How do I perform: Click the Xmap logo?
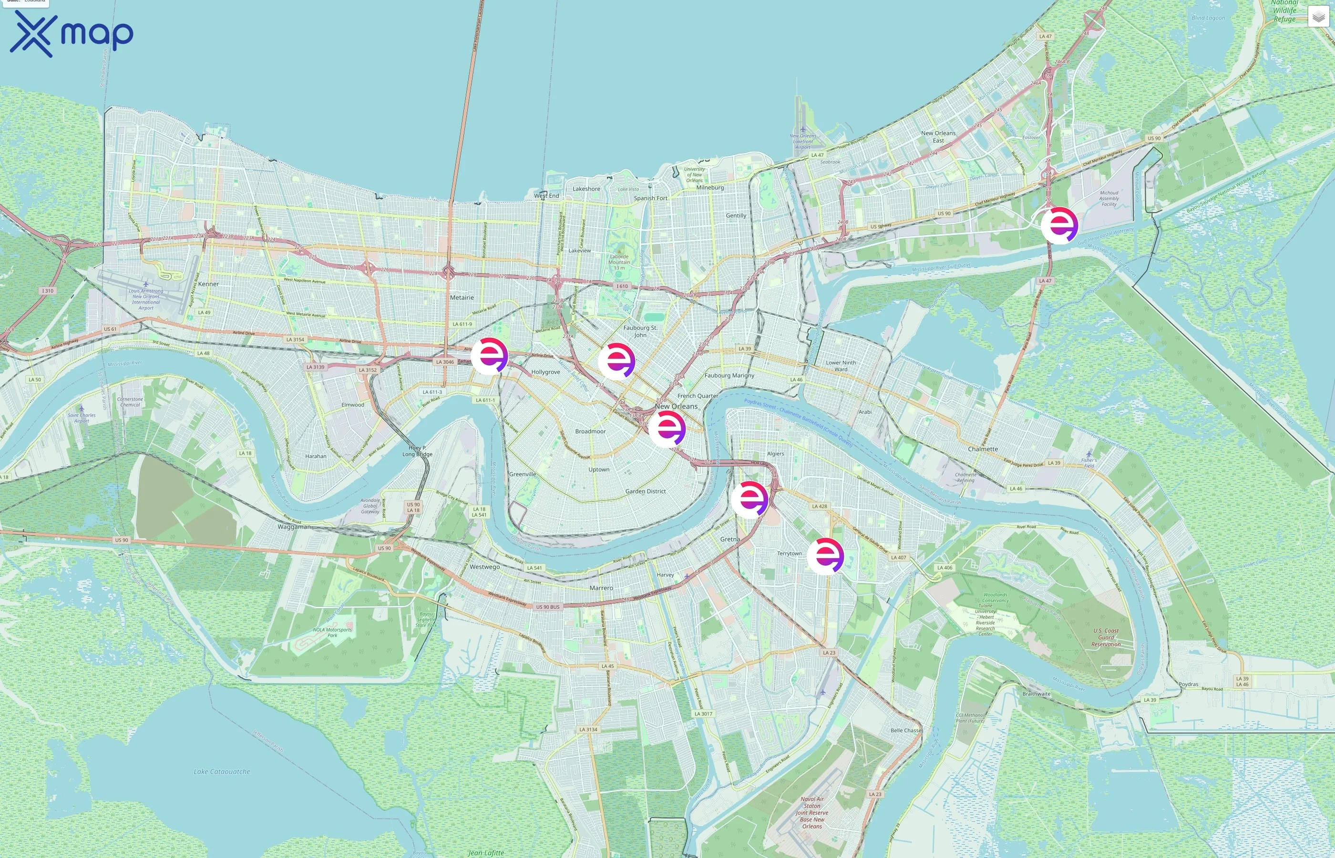click(72, 33)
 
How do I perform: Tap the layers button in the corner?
click(1318, 17)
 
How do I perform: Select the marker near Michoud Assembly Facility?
click(1059, 225)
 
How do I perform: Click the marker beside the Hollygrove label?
click(489, 356)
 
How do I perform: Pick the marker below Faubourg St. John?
click(616, 361)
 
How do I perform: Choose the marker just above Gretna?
click(750, 499)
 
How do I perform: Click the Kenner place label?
click(208, 284)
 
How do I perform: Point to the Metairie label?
click(462, 297)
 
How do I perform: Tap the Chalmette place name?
click(983, 449)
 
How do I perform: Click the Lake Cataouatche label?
click(222, 772)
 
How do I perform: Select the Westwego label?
click(485, 567)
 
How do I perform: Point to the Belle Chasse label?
click(906, 730)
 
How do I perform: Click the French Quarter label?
click(698, 396)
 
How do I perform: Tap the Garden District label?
click(645, 491)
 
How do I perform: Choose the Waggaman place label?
click(294, 527)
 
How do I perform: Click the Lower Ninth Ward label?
click(841, 366)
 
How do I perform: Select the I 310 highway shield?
click(48, 291)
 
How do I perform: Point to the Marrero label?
click(601, 588)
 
